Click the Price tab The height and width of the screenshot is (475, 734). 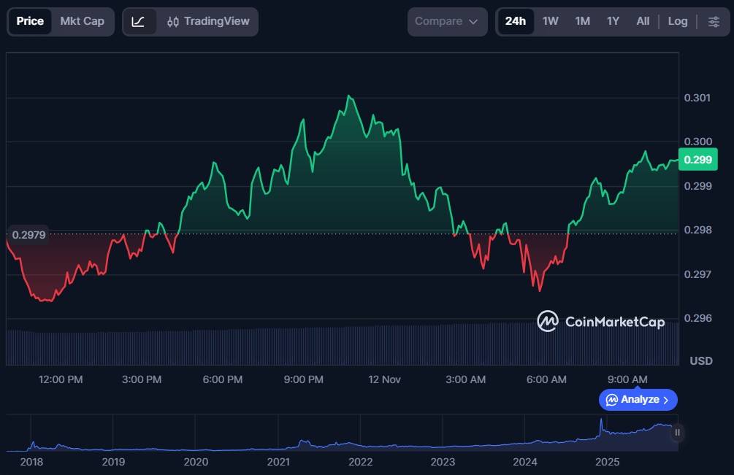(30, 21)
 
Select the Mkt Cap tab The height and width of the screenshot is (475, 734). (82, 21)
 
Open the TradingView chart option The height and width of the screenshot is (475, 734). (208, 21)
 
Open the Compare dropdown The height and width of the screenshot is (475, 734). (446, 21)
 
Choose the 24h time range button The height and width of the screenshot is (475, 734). (515, 21)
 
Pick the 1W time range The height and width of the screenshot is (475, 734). (550, 21)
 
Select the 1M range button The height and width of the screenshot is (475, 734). (582, 21)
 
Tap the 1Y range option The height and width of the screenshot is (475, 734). (613, 21)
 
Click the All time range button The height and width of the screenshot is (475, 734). (643, 21)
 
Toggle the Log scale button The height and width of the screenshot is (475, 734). (678, 21)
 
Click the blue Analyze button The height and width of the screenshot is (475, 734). (638, 400)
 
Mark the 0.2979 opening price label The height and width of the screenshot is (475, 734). (29, 234)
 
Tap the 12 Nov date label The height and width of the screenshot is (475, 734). (385, 379)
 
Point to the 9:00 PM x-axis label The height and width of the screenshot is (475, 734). (304, 379)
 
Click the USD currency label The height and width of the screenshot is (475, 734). (701, 361)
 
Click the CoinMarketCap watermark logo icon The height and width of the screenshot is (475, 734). (548, 321)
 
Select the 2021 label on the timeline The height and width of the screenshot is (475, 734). (278, 462)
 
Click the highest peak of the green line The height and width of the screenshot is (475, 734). (350, 96)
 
